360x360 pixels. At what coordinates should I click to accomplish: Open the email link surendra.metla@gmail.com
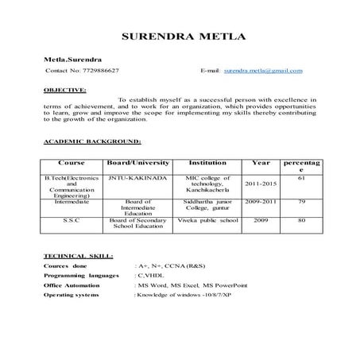[x=262, y=71]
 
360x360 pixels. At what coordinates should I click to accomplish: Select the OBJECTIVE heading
[x=65, y=91]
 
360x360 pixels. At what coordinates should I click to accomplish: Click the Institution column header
[x=207, y=162]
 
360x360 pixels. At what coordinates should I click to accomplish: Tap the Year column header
[x=261, y=162]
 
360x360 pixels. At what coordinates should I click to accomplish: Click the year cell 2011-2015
[x=261, y=184]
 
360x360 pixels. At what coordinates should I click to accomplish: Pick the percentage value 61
[x=301, y=178]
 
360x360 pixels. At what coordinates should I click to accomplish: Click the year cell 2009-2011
[x=261, y=202]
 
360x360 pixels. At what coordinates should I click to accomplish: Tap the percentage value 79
[x=301, y=202]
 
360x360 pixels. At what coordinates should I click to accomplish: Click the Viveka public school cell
[x=207, y=219]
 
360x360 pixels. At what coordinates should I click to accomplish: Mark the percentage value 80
[x=301, y=219]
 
